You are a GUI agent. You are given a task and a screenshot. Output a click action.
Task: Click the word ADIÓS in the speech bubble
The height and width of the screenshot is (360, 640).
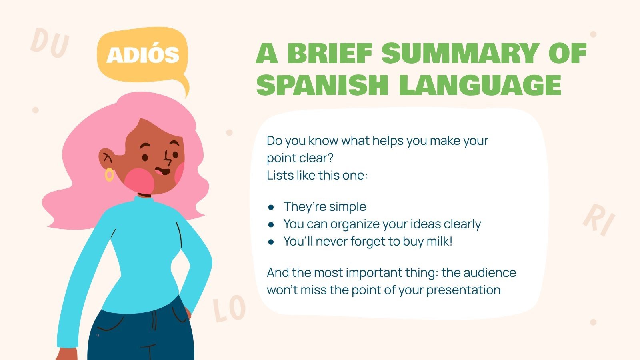(143, 55)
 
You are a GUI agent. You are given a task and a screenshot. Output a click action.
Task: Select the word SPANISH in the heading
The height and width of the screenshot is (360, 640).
(322, 85)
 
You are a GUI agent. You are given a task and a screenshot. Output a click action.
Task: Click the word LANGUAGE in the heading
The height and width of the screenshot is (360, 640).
(480, 85)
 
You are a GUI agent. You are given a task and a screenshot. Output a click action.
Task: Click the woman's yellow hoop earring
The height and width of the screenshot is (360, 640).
(109, 175)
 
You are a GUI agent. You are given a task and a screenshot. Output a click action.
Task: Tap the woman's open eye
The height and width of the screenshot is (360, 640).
(145, 157)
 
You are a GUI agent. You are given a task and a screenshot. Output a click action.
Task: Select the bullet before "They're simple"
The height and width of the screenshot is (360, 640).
(271, 207)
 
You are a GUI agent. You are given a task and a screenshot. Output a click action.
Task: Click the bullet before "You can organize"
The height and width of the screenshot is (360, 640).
(271, 224)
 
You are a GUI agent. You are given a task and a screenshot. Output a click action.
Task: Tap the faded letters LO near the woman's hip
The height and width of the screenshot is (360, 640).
(229, 310)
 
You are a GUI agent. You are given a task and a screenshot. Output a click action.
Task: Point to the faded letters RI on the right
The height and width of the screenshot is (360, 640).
(599, 220)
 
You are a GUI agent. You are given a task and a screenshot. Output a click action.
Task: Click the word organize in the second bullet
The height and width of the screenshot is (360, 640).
(355, 224)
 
